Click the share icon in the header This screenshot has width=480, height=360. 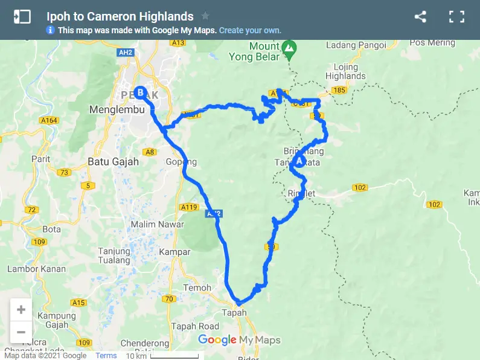pos(421,17)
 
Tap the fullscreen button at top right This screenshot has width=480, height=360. pos(456,17)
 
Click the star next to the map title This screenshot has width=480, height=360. pos(205,16)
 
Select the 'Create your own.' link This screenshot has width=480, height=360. pos(250,30)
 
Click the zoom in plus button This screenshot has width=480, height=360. pos(21,310)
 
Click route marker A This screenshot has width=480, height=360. pos(299,161)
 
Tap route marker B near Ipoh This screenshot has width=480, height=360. pos(141,93)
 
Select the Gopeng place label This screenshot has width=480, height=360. pos(181,162)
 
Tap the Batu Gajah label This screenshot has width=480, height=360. pos(113,162)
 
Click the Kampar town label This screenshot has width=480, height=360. pos(174,252)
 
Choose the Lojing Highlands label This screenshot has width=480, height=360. pos(345,72)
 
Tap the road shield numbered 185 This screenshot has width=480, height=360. pos(339,90)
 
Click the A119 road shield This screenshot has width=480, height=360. pos(190,207)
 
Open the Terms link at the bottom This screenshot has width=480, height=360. pos(106,356)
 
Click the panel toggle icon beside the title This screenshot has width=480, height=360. pos(22,17)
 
